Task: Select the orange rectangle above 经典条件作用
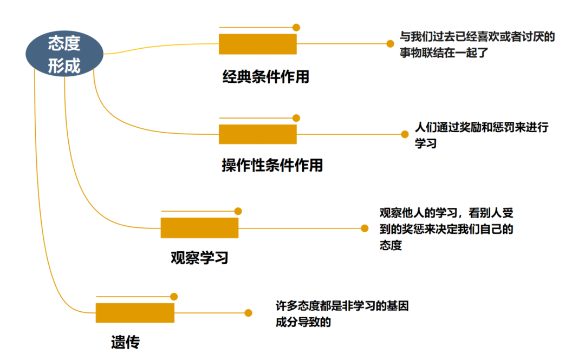[x=258, y=44]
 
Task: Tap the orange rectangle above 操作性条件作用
[x=258, y=134]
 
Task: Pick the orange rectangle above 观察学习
[x=199, y=228]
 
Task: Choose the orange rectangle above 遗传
[x=135, y=313]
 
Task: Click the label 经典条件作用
[x=266, y=77]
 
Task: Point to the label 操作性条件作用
[x=272, y=165]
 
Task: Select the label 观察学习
[x=199, y=258]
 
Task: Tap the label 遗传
[x=125, y=342]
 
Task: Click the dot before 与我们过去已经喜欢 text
[x=389, y=44]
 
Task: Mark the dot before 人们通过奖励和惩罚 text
[x=404, y=134]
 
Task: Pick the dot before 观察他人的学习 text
[x=365, y=228]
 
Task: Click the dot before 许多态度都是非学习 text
[x=248, y=313]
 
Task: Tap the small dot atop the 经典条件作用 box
[x=296, y=27]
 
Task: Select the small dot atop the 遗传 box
[x=174, y=297]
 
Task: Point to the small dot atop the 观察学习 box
[x=238, y=211]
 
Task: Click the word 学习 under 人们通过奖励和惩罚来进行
[x=425, y=144]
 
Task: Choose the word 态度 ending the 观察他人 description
[x=391, y=245]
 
